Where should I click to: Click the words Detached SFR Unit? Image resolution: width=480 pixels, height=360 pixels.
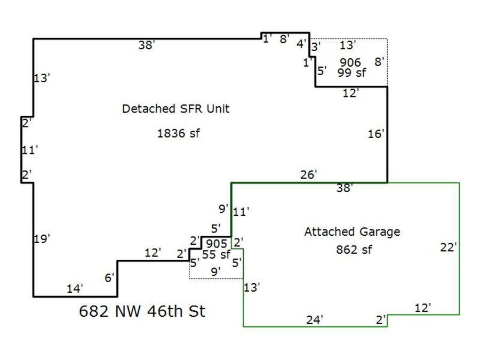(175, 109)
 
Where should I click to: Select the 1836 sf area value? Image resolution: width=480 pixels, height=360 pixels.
(178, 133)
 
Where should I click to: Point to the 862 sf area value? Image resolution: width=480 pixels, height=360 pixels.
(354, 249)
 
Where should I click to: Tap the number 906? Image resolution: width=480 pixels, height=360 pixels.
(350, 63)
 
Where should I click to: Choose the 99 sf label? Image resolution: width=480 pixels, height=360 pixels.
(351, 73)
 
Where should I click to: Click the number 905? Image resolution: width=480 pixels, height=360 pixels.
(216, 244)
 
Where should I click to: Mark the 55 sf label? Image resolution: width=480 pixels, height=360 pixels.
(215, 254)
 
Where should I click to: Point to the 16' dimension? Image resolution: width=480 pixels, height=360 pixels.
(375, 134)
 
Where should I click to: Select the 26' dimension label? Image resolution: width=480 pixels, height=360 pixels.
(308, 174)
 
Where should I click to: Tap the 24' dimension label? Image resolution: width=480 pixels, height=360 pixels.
(315, 320)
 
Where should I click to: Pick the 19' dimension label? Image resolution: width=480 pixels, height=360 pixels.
(42, 239)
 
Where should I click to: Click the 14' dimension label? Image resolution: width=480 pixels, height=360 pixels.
(75, 289)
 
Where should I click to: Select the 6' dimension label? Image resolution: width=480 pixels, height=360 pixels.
(109, 277)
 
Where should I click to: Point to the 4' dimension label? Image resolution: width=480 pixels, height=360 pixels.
(301, 44)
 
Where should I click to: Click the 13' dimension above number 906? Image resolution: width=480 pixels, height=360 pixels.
(347, 45)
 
